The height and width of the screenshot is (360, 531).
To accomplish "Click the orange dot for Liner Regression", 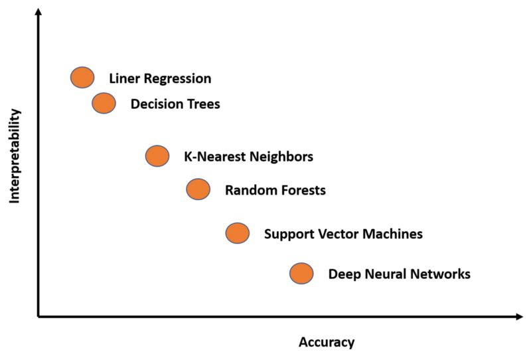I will (82, 78).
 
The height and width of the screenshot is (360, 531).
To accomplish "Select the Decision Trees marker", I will (104, 103).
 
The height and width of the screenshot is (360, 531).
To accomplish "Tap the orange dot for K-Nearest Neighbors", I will (157, 156).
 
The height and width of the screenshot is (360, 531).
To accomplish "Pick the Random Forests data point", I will (198, 190).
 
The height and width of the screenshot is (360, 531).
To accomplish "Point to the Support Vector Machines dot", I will (237, 233).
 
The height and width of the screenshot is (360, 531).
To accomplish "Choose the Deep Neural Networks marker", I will (301, 273).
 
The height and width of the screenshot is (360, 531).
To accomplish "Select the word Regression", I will (177, 79).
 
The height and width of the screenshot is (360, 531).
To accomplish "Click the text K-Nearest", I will (212, 157).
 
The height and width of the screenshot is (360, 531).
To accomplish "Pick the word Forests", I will (300, 191).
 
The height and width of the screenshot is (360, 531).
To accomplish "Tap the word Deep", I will (342, 274).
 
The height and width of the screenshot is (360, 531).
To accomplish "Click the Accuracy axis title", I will (327, 343).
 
